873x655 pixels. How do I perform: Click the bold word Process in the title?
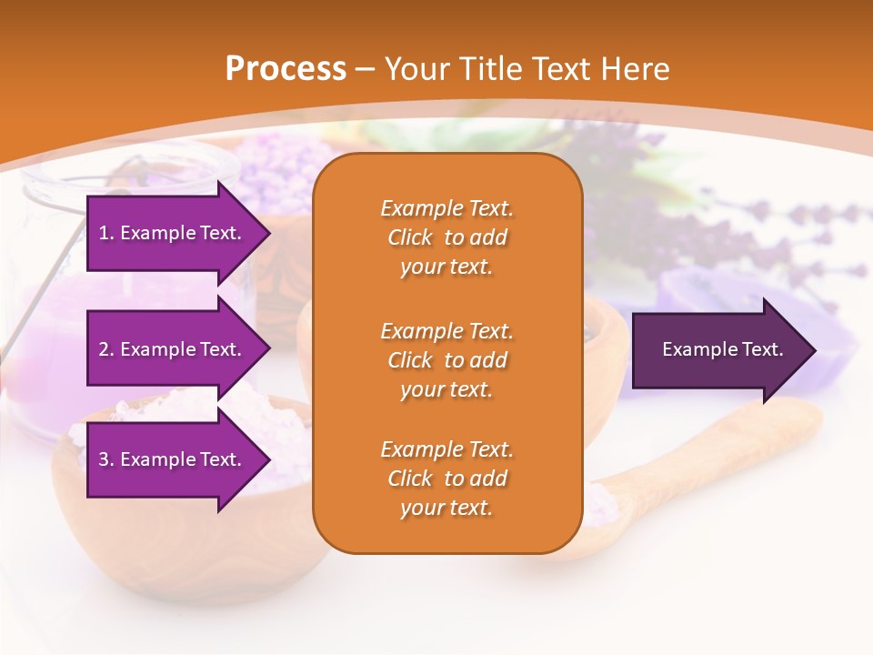[286, 68]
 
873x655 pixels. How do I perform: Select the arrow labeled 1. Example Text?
[173, 233]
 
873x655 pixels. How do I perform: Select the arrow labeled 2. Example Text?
[173, 349]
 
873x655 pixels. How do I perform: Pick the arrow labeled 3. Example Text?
[173, 459]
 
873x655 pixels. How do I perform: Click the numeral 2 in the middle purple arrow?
[104, 349]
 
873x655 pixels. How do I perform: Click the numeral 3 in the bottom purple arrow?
[104, 459]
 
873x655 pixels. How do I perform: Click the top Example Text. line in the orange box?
[447, 208]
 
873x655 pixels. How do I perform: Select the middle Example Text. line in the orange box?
[447, 330]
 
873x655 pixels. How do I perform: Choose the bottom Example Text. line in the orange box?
[447, 449]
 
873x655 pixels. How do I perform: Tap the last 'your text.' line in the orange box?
[447, 508]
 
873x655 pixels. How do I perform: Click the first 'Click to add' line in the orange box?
[447, 237]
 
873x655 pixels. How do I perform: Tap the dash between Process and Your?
[365, 69]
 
